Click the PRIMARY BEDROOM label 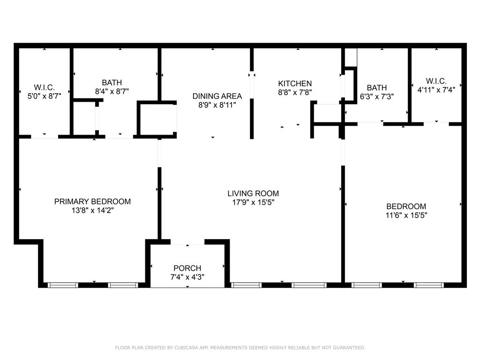[x=92, y=202]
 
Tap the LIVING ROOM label [x=253, y=193]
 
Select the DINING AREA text [x=217, y=96]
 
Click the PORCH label [x=187, y=268]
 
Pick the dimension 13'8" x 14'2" [x=92, y=211]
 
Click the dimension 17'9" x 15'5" [x=253, y=202]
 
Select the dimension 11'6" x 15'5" [x=406, y=216]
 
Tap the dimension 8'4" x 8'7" [x=112, y=92]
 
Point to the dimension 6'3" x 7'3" [x=376, y=97]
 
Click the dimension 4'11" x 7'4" [x=436, y=90]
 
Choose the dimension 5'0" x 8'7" [x=44, y=97]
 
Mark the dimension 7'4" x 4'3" [x=187, y=277]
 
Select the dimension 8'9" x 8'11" [x=217, y=105]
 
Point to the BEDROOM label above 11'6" [x=406, y=206]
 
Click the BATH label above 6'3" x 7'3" [x=376, y=88]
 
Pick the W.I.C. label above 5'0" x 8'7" [x=44, y=88]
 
